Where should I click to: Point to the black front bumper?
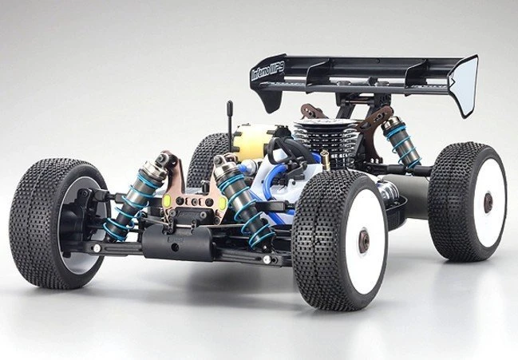point(172,243)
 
